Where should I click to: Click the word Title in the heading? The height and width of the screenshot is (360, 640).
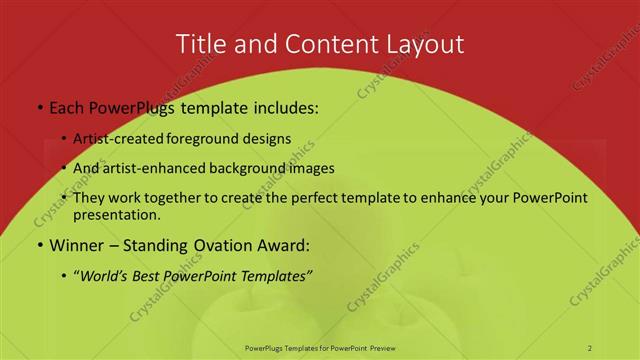pyautogui.click(x=198, y=44)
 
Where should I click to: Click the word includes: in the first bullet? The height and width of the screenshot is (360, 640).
pyautogui.click(x=279, y=105)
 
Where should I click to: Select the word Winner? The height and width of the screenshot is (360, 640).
pyautogui.click(x=78, y=245)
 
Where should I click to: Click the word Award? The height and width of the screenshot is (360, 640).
pyautogui.click(x=284, y=245)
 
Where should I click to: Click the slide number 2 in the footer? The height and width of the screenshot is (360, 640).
pyautogui.click(x=590, y=347)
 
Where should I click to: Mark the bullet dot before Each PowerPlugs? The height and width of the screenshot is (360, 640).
pyautogui.click(x=39, y=106)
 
